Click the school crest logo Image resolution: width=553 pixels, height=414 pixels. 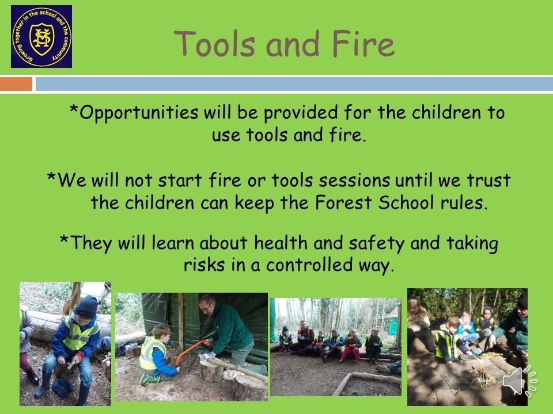(x=41, y=36)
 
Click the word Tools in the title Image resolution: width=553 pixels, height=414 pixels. (x=214, y=44)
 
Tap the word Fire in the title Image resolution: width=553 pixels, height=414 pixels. (x=363, y=44)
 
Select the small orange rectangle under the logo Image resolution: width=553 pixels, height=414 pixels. (x=16, y=84)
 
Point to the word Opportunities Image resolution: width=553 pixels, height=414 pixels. (x=139, y=113)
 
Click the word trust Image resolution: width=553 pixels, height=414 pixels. (x=489, y=180)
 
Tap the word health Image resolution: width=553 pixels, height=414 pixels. (x=281, y=243)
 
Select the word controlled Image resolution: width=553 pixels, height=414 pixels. (x=309, y=264)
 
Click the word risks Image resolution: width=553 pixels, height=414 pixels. (x=204, y=264)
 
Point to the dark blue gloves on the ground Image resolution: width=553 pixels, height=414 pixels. (x=62, y=387)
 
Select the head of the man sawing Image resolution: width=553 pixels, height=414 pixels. (x=207, y=305)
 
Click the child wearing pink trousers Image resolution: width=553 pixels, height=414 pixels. (x=351, y=346)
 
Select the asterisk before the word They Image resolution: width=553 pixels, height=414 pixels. (x=64, y=239)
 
